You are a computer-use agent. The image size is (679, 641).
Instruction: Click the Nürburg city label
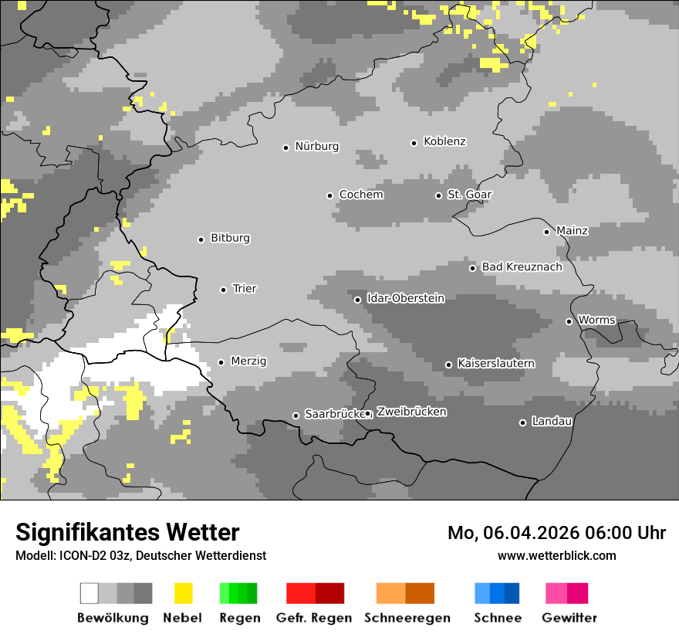tap(317, 146)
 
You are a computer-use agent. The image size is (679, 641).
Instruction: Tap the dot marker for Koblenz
tap(414, 143)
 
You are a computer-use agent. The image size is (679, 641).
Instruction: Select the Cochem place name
tap(361, 195)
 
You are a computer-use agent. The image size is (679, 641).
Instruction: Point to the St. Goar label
tap(470, 195)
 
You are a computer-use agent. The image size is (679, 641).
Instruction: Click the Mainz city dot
tap(546, 232)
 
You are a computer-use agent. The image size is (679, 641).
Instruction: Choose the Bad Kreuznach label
tap(522, 267)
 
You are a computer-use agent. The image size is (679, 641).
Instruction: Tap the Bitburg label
tap(231, 239)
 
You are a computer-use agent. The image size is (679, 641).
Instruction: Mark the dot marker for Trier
tap(223, 290)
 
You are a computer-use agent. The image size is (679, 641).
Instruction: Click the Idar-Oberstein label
tap(406, 299)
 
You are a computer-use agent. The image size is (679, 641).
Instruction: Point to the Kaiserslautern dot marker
tap(448, 365)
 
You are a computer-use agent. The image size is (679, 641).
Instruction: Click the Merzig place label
tap(249, 361)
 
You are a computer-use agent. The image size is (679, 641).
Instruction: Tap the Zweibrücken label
tap(412, 412)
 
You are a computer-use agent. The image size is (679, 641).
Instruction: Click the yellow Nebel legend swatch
tap(183, 593)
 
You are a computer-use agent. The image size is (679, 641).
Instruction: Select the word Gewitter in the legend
tap(569, 618)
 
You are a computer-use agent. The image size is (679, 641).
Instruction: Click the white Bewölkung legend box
tap(90, 593)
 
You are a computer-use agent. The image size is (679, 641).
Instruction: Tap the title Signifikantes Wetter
tap(127, 533)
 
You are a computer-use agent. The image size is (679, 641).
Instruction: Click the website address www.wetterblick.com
tap(557, 555)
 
